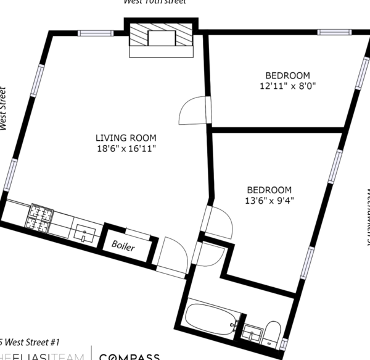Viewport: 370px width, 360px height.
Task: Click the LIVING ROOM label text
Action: (x=126, y=138)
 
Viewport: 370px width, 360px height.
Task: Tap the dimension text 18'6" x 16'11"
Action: (x=126, y=149)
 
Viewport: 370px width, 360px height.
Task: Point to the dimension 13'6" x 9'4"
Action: (x=269, y=201)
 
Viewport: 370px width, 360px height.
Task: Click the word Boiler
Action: (x=123, y=245)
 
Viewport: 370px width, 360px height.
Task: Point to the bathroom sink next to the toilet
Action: (x=252, y=334)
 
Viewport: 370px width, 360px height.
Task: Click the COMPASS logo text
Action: (x=130, y=356)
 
